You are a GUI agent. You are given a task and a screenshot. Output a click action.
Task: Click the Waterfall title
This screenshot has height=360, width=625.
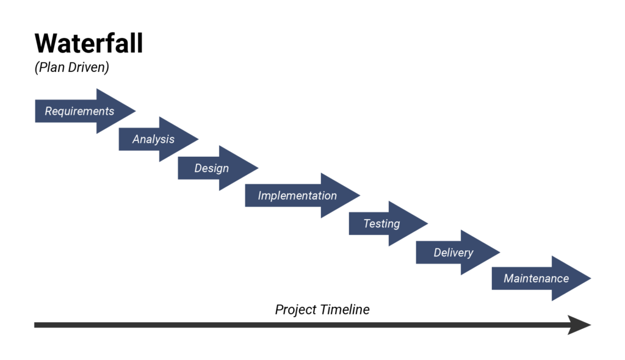point(89,43)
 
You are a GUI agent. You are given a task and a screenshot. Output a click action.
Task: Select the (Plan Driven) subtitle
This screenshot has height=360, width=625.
point(72,68)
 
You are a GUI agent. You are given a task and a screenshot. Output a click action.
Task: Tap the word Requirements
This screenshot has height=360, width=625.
point(79,112)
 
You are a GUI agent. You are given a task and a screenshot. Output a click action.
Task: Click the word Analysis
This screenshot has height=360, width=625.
point(153,139)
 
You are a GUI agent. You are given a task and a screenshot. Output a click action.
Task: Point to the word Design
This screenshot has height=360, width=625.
point(212,168)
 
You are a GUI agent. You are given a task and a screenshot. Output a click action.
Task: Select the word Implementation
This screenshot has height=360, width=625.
point(297,196)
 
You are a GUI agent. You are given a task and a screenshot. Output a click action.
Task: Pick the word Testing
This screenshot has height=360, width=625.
point(381,223)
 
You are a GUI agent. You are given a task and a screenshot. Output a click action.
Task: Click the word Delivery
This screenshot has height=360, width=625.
point(453,252)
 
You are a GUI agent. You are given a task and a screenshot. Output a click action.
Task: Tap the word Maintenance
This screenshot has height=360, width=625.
point(536,279)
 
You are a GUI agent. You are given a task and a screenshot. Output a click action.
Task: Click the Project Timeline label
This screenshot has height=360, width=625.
point(322,310)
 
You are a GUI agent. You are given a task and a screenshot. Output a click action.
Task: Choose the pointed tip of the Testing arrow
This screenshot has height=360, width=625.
point(427,224)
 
